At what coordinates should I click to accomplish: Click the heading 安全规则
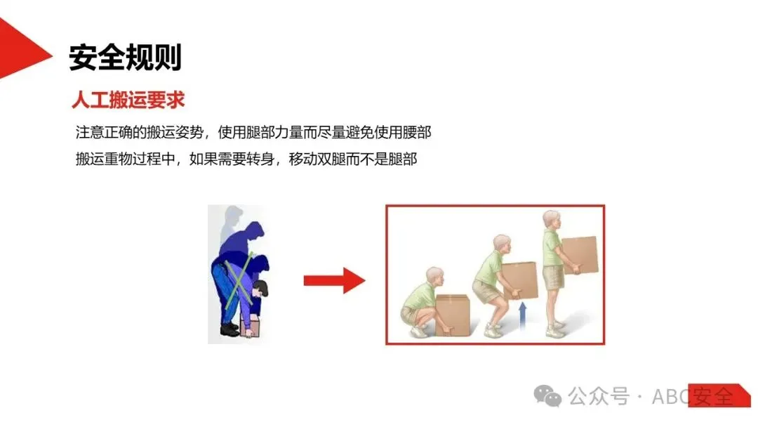pos(125,58)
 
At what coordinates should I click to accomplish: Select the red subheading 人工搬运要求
pos(128,100)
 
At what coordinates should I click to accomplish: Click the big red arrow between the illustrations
pos(335,280)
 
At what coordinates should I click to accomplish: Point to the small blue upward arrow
pos(522,316)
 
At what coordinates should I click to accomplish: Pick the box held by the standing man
pos(579,255)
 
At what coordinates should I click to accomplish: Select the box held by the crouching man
pos(453,315)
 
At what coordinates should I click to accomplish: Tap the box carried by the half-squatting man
pos(520,280)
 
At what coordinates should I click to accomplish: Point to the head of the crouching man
pos(434,277)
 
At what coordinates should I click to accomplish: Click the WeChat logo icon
pos(547,396)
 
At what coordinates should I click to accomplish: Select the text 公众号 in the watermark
pos(599,396)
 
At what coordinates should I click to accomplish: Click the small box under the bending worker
pos(250,327)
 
